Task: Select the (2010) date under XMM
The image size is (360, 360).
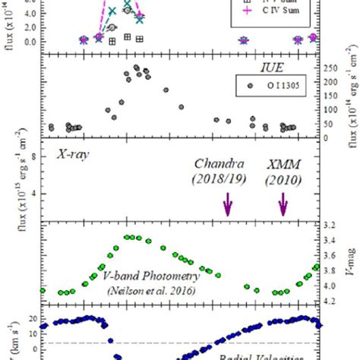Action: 284,179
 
